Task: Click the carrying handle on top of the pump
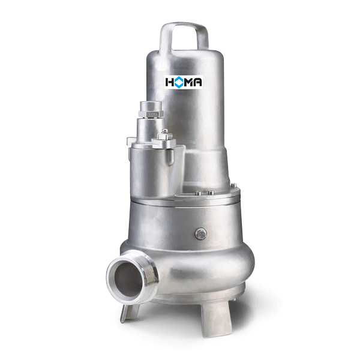[184, 25]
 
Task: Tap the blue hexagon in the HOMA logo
[179, 82]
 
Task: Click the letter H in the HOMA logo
[169, 82]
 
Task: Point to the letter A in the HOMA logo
[198, 82]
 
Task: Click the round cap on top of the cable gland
[151, 106]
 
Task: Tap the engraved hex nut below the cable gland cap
[151, 114]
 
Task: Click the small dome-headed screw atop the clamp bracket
[165, 131]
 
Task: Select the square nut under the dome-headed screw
[165, 136]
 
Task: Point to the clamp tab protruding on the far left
[131, 141]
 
